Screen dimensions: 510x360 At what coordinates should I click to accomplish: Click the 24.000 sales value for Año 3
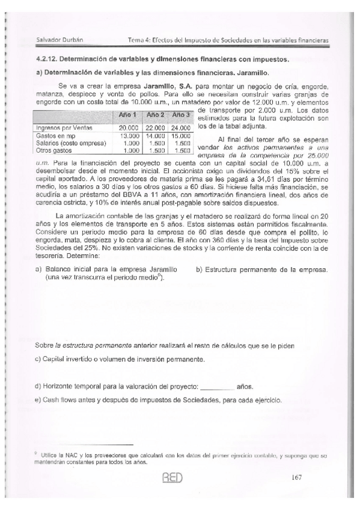pos(180,128)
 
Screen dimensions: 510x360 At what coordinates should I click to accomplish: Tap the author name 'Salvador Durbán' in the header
pos(59,40)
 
